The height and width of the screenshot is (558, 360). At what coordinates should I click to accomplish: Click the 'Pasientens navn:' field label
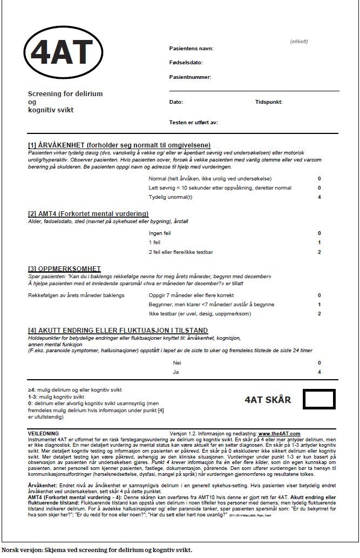pos(191,49)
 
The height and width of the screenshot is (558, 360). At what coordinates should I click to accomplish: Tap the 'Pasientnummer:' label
pos(190,77)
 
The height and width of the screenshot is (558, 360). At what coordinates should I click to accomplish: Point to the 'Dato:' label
pos(176,102)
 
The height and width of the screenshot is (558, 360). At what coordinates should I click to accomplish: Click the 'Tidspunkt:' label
pos(269,102)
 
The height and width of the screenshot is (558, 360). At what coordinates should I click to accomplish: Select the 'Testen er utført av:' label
pos(193,123)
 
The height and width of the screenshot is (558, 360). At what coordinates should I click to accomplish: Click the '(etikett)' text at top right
pos(298,41)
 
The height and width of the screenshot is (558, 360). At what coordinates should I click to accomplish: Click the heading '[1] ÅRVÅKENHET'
pos(119,145)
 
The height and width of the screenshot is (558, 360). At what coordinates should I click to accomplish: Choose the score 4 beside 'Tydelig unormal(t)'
pos(320,197)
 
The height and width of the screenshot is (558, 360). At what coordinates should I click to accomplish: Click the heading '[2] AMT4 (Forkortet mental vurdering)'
pos(88,214)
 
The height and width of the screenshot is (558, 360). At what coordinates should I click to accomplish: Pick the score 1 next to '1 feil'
pos(320,243)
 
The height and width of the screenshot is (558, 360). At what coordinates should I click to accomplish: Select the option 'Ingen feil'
pos(159,233)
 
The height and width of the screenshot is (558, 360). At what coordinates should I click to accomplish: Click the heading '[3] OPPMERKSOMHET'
pos(64,269)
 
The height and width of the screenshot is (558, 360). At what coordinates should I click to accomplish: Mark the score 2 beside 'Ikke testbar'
pos(320,313)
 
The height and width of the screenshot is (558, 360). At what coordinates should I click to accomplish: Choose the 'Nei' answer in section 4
pos(175,363)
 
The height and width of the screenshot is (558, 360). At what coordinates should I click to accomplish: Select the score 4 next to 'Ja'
pos(320,372)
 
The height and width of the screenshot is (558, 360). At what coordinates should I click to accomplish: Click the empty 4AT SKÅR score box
pos(319,399)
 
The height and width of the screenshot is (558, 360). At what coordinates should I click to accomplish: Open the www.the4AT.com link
pos(279,433)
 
